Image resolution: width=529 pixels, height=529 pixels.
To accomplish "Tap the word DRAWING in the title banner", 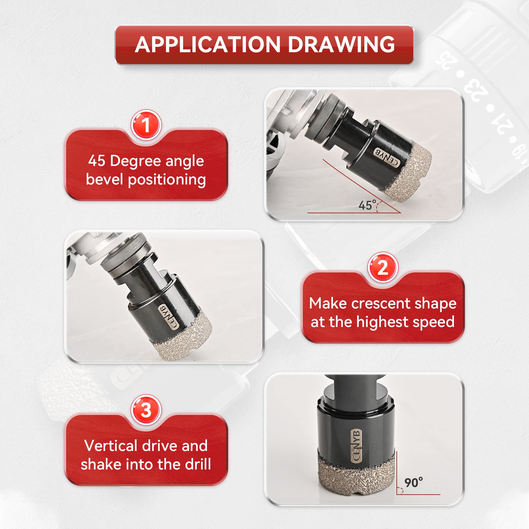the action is [342, 44].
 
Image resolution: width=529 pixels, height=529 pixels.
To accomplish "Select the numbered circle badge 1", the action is [146, 125].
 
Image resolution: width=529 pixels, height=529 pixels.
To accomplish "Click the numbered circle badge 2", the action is [383, 267].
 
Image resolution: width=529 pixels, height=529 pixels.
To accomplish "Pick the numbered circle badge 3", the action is [146, 410].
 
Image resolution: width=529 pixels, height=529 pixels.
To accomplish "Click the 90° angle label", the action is [414, 482].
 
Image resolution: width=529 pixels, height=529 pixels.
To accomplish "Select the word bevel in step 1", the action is [104, 179].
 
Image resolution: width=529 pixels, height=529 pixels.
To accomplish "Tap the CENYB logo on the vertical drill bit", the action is [356, 446].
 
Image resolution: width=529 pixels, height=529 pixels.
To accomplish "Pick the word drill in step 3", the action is [198, 464].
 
